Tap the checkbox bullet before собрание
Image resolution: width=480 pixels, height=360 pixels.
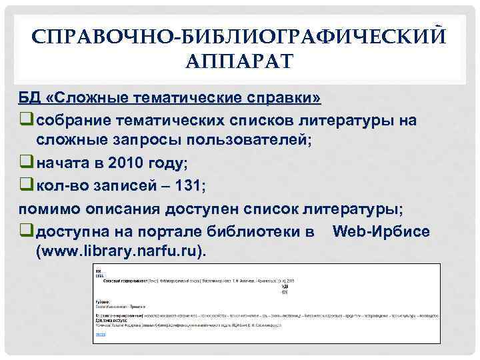26,120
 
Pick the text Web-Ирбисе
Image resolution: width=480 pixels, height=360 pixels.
381,231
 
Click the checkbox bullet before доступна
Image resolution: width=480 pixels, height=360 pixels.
26,231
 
